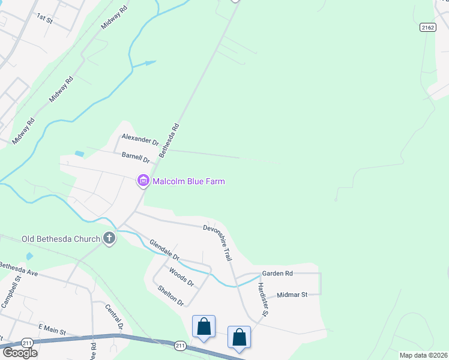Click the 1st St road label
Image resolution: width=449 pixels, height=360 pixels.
click(45, 17)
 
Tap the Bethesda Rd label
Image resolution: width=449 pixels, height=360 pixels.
click(169, 141)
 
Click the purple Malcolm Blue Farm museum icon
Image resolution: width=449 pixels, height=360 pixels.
click(143, 181)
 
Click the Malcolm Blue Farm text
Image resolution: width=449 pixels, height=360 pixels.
click(188, 181)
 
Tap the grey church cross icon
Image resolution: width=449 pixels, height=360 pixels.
click(109, 239)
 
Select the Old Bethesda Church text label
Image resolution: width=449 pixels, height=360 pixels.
click(61, 239)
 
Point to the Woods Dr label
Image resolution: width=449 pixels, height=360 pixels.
click(181, 277)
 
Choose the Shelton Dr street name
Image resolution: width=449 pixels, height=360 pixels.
click(170, 295)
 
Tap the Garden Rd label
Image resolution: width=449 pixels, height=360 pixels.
click(277, 274)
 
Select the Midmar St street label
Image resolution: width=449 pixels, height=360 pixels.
click(292, 295)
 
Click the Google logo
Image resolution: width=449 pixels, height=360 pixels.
click(19, 352)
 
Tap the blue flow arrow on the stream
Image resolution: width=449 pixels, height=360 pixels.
click(149, 62)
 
